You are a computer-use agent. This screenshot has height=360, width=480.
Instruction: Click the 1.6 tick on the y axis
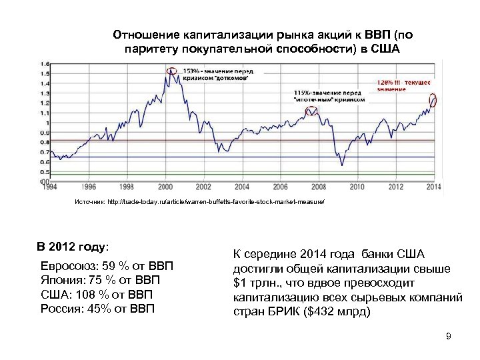pos(45,64)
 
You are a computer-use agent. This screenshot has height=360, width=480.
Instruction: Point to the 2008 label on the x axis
pos(318,187)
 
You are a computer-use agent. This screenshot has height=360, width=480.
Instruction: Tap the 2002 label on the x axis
pos(203,187)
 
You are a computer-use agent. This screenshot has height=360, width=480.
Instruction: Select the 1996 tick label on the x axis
pos(89,187)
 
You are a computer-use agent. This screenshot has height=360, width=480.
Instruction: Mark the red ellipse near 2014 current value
pos(433,101)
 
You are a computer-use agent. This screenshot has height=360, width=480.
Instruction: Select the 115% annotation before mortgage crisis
pos(329,95)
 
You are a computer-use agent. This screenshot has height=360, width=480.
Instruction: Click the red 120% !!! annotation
pos(404,83)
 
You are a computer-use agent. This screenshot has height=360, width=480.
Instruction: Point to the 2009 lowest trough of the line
pos(341,164)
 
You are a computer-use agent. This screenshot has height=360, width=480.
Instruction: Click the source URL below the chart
pos(199,201)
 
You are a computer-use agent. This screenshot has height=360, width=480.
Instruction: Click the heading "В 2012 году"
pos(72,247)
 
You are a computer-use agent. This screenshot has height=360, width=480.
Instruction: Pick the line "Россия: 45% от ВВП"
pos(97,307)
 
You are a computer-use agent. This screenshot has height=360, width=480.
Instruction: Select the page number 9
pos(449,337)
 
